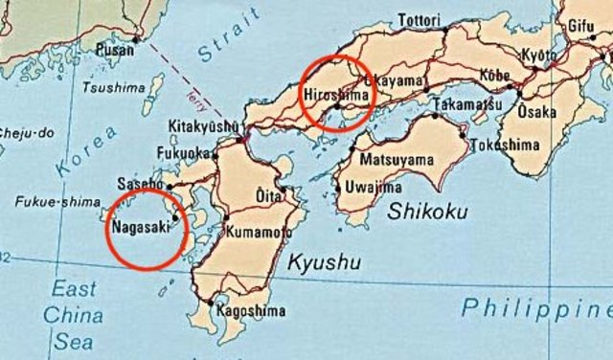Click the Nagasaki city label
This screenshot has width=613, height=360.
coord(141,228)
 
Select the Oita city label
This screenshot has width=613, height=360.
coord(268,195)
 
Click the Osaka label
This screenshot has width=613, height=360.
coord(536,112)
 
